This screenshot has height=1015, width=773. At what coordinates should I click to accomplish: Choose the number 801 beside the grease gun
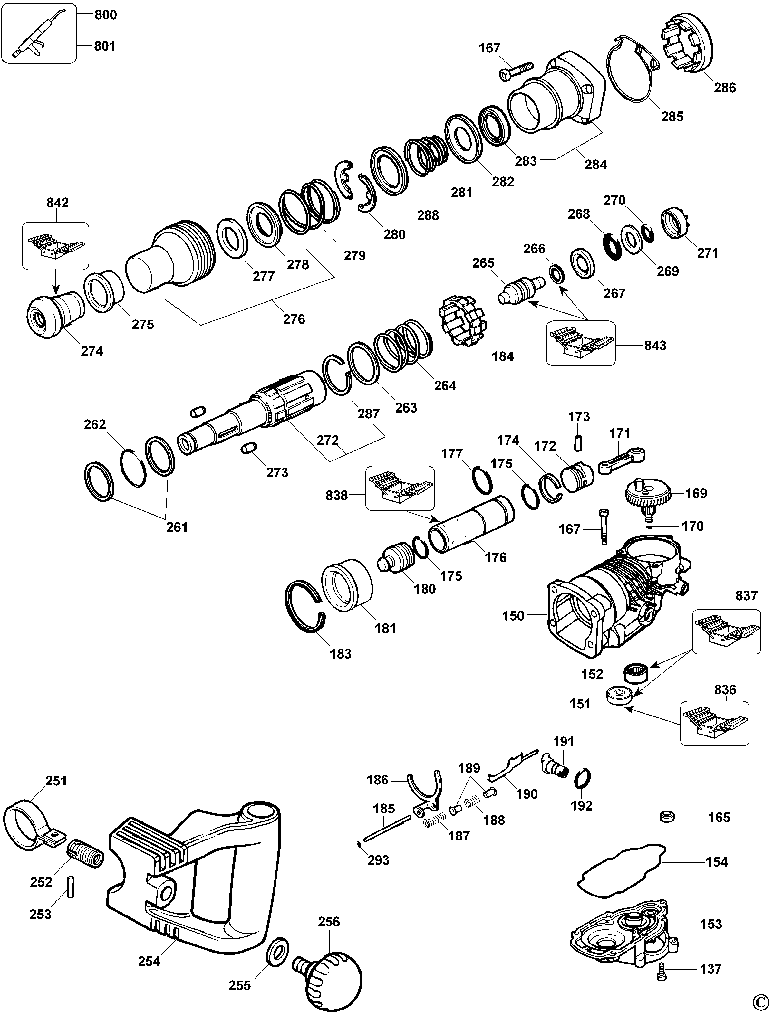click(x=105, y=46)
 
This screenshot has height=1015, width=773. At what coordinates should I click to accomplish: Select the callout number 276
click(x=294, y=319)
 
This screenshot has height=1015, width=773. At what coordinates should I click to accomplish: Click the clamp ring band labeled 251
click(x=28, y=824)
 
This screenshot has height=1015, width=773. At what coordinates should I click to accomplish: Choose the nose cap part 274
click(x=51, y=315)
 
